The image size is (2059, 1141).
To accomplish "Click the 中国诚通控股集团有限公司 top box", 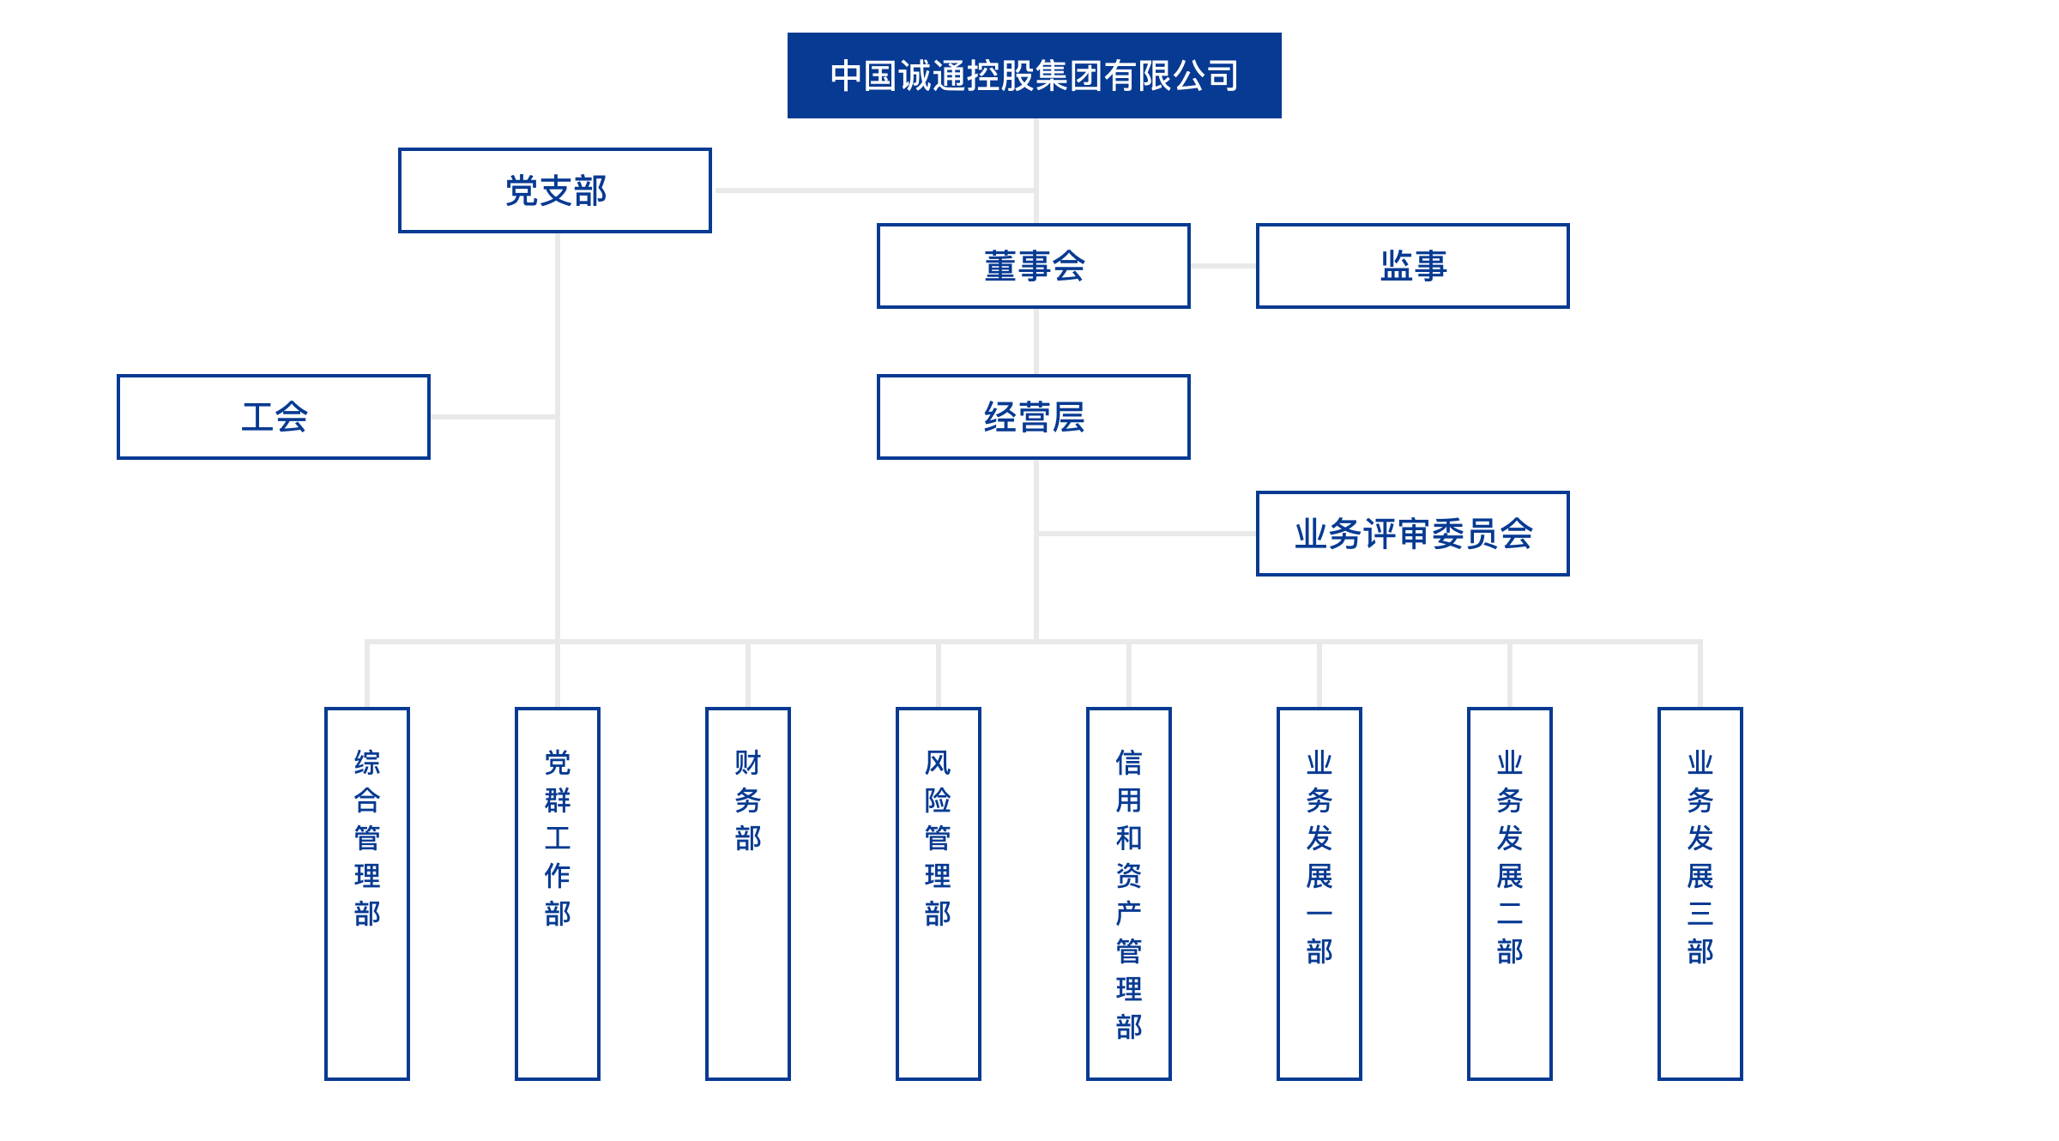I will pos(1034,75).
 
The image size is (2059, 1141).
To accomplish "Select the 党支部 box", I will pos(555,190).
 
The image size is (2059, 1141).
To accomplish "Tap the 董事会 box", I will pos(1034,266).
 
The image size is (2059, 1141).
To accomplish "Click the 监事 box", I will pos(1413,266).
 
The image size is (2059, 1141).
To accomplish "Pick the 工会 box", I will pos(274,417).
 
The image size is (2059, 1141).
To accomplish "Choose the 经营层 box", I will pos(1034,417).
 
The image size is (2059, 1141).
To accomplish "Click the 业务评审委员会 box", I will pos(1413,534).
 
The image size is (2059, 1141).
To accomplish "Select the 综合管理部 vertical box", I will pos(367,892).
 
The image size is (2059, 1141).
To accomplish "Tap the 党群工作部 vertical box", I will pos(558,892).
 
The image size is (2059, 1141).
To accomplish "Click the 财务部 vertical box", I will pos(748,892).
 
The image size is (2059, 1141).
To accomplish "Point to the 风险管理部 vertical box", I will pos(939,892).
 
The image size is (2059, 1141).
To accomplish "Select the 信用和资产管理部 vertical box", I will pos(1129,892).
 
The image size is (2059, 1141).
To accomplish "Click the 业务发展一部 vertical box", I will pos(1319,892).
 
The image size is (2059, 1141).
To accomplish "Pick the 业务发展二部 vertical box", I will pos(1510,892).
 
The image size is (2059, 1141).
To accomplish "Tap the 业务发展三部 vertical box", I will pos(1700,892).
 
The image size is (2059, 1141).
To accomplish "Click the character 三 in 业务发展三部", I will pos(1700,913).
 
